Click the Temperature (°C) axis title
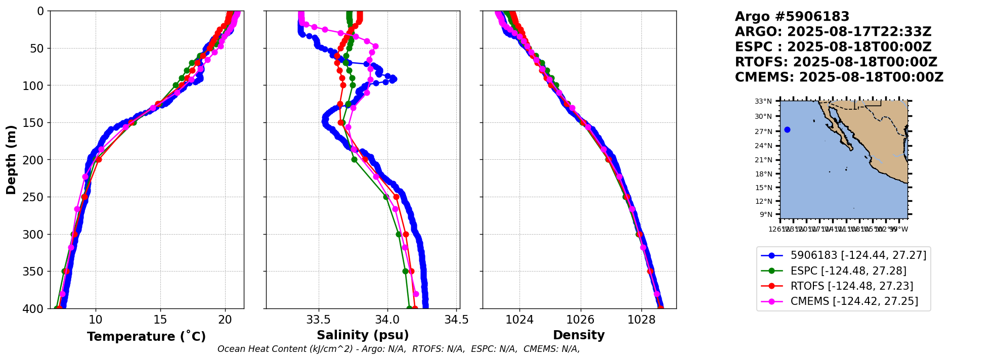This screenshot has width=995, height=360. [x=146, y=336]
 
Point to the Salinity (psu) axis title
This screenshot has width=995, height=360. [x=363, y=335]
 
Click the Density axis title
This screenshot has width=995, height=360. [x=579, y=335]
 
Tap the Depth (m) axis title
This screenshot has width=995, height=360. [x=11, y=159]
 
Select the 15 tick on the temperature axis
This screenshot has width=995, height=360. [x=160, y=320]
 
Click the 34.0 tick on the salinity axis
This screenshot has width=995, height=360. [x=387, y=320]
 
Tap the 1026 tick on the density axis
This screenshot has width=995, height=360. [x=580, y=320]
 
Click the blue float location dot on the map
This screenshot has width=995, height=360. [x=787, y=130]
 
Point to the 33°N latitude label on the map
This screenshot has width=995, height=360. [x=763, y=102]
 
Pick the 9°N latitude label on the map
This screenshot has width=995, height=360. [x=765, y=214]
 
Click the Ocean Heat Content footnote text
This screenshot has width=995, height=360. [x=399, y=349]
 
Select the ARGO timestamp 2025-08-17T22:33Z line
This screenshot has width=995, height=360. [x=833, y=32]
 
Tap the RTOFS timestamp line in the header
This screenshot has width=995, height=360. [x=836, y=62]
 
